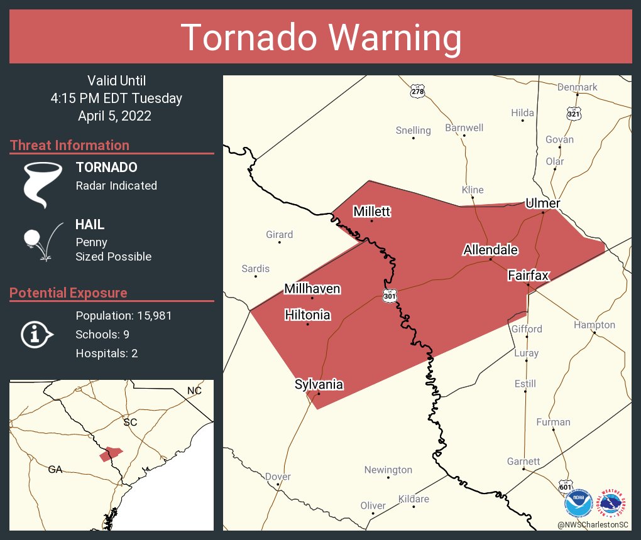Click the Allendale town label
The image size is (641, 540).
(x=490, y=250)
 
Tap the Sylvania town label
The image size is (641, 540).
(x=319, y=384)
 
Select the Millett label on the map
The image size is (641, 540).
(x=371, y=212)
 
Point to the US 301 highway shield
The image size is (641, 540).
(x=390, y=295)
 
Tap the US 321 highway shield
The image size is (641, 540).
(x=574, y=113)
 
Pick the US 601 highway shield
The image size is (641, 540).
(x=566, y=487)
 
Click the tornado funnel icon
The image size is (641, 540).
(x=43, y=184)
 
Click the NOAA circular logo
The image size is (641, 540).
(x=579, y=502)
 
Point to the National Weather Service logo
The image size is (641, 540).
(x=613, y=502)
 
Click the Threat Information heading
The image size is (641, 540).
(x=70, y=145)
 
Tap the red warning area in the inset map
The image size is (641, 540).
(x=111, y=453)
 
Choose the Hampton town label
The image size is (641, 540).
(x=594, y=325)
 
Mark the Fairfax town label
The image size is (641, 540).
(x=529, y=275)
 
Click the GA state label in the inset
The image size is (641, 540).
(x=55, y=469)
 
